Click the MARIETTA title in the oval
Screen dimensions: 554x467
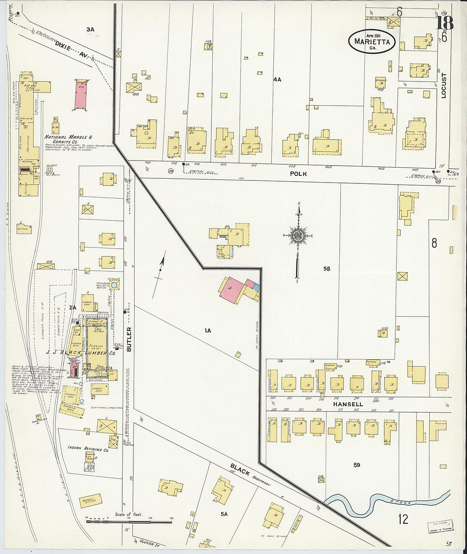(372, 42)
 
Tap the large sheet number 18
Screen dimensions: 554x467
(444, 23)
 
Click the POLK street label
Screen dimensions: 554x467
(298, 174)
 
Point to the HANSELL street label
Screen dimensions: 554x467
(348, 404)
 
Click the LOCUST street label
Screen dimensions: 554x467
(444, 86)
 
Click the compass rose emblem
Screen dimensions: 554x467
(299, 236)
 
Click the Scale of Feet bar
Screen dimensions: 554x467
(130, 521)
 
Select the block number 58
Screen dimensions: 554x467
(326, 269)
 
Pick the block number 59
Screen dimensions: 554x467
(357, 465)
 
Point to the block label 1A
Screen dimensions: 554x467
(208, 330)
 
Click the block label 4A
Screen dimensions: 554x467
(277, 79)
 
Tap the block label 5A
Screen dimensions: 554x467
(224, 514)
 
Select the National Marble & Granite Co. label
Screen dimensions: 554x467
(68, 140)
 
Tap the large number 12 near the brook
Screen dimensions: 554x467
(403, 519)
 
